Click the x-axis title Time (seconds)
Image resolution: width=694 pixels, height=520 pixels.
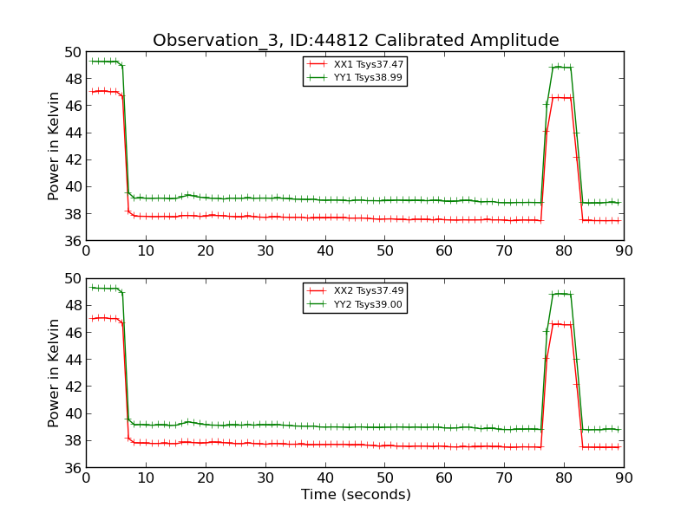(356, 495)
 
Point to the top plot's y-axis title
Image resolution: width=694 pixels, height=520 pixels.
(54, 146)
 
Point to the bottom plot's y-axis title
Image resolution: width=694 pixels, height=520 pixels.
(54, 373)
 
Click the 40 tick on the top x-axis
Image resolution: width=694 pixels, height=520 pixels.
(325, 251)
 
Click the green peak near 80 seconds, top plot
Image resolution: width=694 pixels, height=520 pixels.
(559, 67)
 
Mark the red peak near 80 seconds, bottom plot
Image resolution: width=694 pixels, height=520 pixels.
(559, 323)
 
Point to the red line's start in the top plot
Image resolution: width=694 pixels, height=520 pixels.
(92, 91)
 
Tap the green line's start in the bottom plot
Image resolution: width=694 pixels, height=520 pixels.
(92, 287)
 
